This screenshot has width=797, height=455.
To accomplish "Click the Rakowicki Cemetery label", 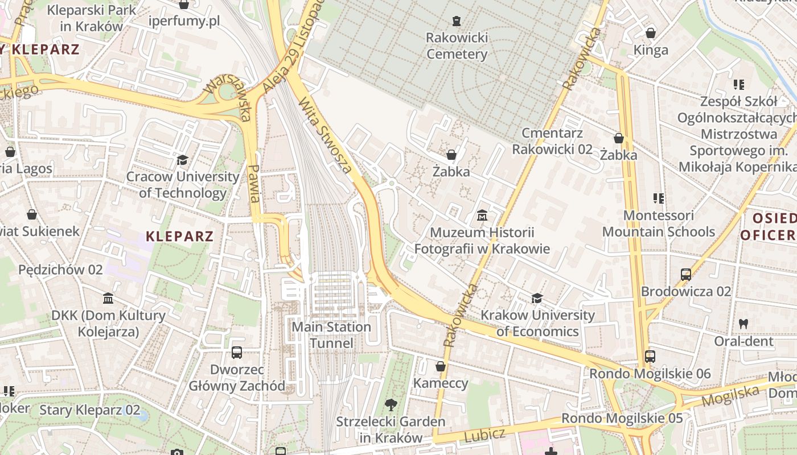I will (x=457, y=46).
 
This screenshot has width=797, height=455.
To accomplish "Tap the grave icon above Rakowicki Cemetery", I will (x=457, y=21).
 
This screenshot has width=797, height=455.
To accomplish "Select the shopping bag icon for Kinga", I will (x=651, y=33).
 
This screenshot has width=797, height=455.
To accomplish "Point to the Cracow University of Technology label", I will (x=183, y=185).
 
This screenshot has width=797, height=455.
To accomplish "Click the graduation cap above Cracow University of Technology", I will (x=183, y=160).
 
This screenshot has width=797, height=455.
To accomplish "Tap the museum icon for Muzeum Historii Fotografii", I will (x=482, y=216).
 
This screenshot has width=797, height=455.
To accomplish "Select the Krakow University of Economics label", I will (x=537, y=323).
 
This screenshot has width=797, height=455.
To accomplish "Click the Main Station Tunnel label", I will (x=331, y=335).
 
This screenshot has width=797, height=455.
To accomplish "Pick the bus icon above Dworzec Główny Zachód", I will (x=237, y=353).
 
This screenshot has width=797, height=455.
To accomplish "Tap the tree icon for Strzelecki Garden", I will (x=391, y=405).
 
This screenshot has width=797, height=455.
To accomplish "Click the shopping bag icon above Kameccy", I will (x=440, y=366).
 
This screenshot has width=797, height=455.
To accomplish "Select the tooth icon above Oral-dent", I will (x=743, y=324).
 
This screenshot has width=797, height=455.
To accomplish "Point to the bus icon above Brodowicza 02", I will (x=686, y=275).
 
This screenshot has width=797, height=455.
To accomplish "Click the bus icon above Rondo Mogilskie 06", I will (x=650, y=357).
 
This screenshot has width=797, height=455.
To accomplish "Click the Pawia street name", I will (x=254, y=183).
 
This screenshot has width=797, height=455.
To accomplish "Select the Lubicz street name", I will (x=484, y=436).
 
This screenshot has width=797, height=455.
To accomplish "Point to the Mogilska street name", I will (x=730, y=395).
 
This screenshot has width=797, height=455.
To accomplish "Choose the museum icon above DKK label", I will (x=108, y=299).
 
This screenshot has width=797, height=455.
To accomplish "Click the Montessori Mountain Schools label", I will (x=659, y=224).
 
